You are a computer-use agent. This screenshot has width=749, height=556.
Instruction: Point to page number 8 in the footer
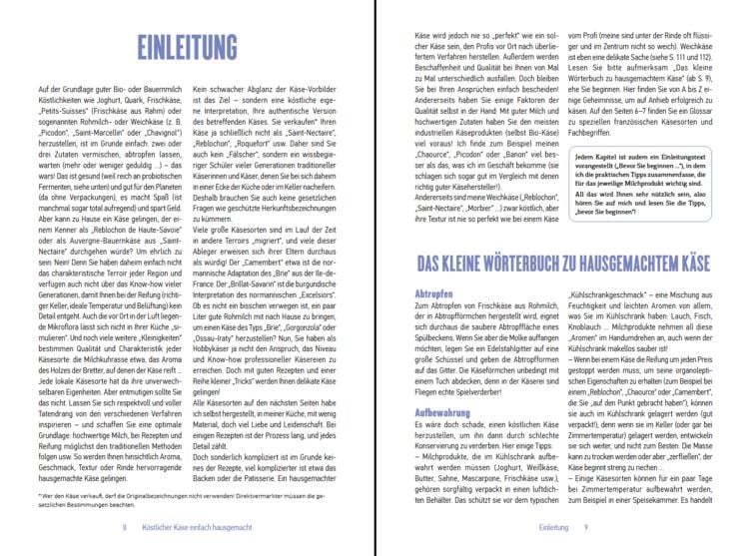pos(123,527)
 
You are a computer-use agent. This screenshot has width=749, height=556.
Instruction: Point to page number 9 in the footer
pos(585,527)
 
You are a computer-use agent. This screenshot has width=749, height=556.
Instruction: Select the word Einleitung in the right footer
pos(552,527)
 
